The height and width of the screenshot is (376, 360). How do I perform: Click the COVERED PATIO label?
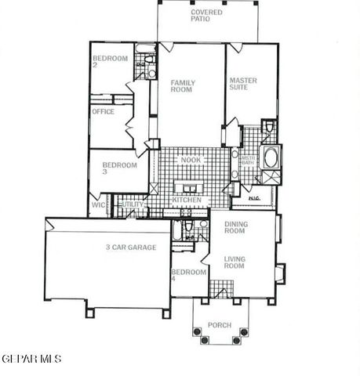coord(206,16)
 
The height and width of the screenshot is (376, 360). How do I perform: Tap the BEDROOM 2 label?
coord(107,61)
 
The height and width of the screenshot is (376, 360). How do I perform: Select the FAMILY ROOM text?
coord(184,85)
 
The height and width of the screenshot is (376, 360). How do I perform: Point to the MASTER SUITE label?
coord(243,84)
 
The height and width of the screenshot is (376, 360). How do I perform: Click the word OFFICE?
coord(103,112)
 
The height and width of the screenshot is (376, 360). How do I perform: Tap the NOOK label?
coord(190,161)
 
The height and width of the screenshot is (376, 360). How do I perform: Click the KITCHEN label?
coord(187,201)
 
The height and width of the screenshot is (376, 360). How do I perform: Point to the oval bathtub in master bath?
coord(271,157)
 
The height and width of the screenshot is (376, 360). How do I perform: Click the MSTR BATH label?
coord(249,161)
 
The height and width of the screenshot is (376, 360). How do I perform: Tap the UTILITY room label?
coord(133,204)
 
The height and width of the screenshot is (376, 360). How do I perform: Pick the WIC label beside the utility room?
coord(99,204)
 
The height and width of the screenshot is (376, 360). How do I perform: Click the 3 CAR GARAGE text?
coord(131,248)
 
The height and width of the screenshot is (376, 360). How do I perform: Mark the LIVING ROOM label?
coord(235,263)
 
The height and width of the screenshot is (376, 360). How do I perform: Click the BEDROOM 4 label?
coord(189,276)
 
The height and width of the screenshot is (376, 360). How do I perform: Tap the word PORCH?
coord(219,326)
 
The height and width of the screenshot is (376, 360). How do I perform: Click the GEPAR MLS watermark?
coord(31,359)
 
